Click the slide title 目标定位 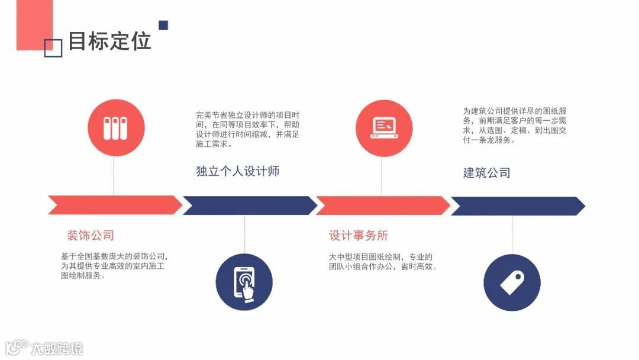coord(109,41)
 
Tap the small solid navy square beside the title coord(163,25)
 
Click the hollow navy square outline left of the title coord(53,49)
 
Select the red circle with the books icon coord(115,128)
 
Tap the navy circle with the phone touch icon coord(244,282)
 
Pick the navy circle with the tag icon coord(512,282)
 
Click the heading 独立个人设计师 coord(237,171)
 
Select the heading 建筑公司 coord(486,172)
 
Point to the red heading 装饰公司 coord(90,235)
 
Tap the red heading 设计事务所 coord(359,235)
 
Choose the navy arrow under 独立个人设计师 coord(249,205)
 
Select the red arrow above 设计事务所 coord(383,205)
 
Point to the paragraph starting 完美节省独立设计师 coord(248,129)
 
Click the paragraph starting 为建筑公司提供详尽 coord(515,126)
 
